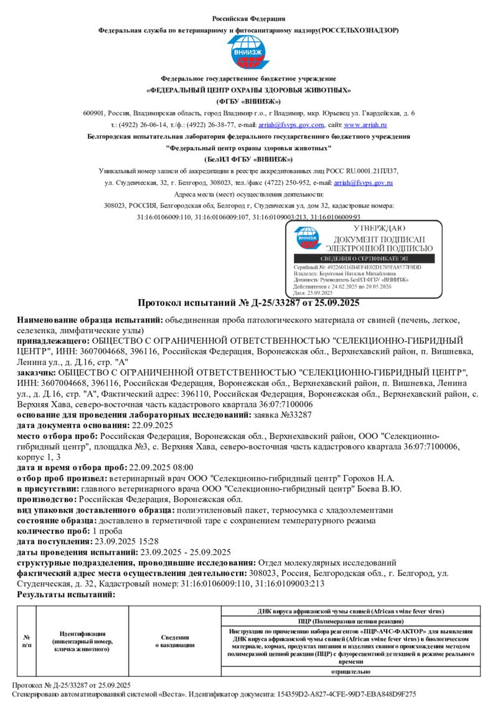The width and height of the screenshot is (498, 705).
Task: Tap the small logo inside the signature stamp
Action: (x=308, y=238)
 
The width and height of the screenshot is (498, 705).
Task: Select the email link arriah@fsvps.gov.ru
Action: (x=364, y=182)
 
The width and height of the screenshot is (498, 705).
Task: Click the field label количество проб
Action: (x=54, y=531)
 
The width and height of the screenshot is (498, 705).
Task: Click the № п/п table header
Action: (x=27, y=641)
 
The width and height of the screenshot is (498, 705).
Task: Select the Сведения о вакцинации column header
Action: (x=175, y=641)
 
